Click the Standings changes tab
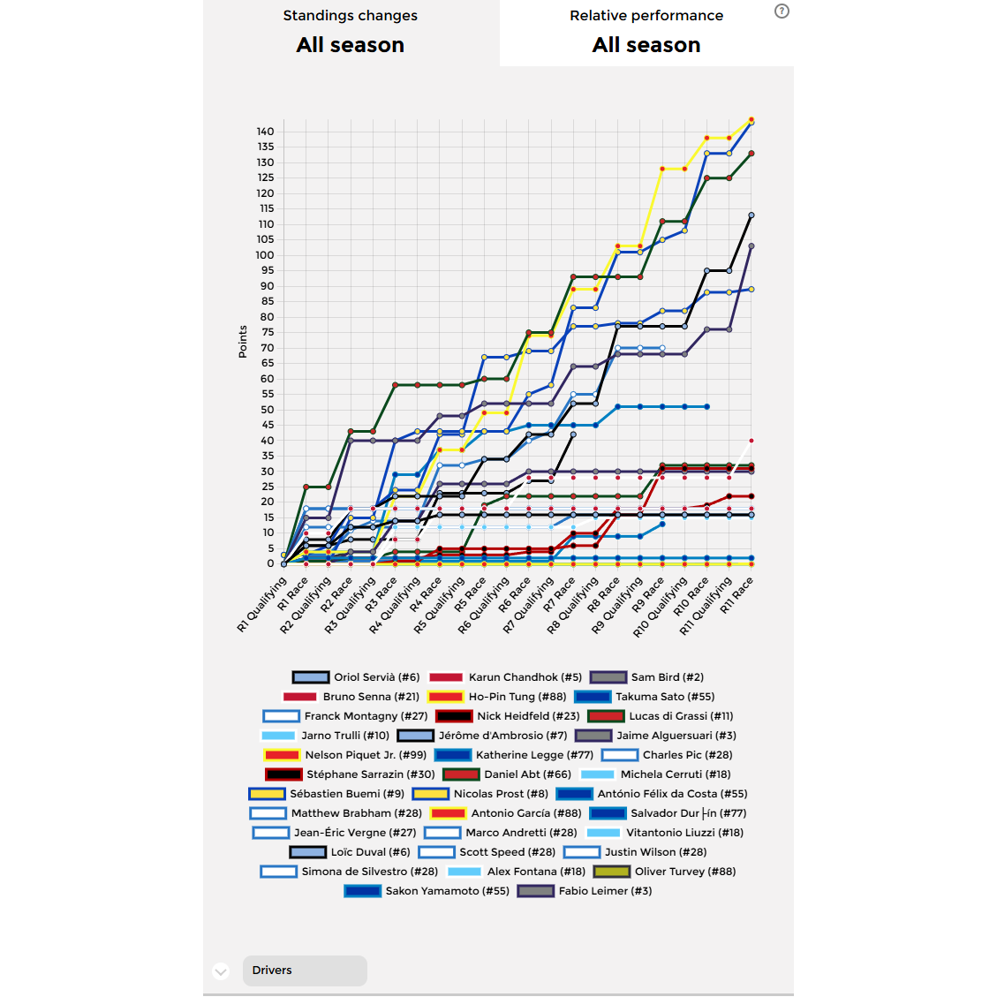pyautogui.click(x=351, y=33)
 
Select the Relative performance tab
pyautogui.click(x=646, y=33)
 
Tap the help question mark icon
pyautogui.click(x=782, y=11)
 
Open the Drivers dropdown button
pyautogui.click(x=305, y=971)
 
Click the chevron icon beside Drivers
pyautogui.click(x=221, y=971)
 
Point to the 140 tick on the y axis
pyautogui.click(x=265, y=132)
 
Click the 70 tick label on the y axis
pyautogui.click(x=267, y=348)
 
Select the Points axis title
pyautogui.click(x=243, y=342)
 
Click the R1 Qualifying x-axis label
pyautogui.click(x=262, y=605)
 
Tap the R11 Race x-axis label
pyautogui.click(x=736, y=595)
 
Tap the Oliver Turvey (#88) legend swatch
pyautogui.click(x=611, y=872)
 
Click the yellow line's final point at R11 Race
pyautogui.click(x=752, y=119)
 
